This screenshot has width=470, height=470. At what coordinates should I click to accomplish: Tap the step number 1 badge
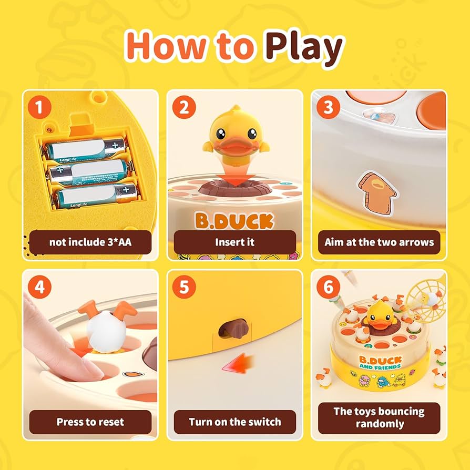tap(39, 108)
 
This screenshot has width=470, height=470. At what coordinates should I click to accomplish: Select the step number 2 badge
tap(183, 108)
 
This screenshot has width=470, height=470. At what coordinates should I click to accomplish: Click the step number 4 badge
tap(39, 288)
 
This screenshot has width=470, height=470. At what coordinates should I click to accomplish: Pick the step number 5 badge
tap(183, 288)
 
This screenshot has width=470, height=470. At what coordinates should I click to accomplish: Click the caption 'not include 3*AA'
tap(90, 242)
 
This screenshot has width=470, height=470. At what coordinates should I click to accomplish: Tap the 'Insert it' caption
tap(234, 242)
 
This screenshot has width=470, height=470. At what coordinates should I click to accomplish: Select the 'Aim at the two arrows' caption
tap(379, 242)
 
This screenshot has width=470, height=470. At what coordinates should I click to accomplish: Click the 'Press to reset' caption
tap(90, 422)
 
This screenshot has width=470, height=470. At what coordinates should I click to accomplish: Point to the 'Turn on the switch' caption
tap(234, 422)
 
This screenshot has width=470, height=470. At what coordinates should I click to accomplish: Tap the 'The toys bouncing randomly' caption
tap(379, 417)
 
